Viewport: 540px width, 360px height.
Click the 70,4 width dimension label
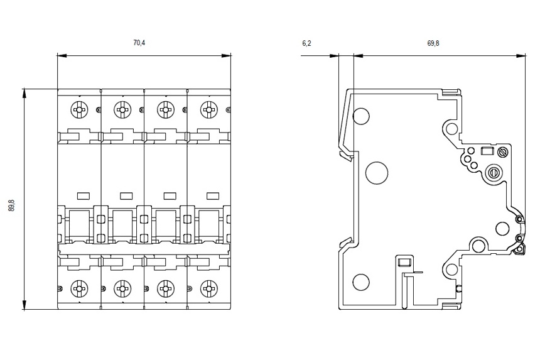coord(139,43)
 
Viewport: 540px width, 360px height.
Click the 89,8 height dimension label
coord(12,205)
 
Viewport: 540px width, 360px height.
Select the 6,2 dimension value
coord(306,43)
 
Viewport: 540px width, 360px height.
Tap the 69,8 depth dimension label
coord(433,43)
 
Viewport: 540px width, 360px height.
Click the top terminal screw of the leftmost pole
coord(79,110)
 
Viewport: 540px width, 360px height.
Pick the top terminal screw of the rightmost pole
coord(209,110)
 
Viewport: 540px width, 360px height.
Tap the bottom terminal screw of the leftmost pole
coord(79,288)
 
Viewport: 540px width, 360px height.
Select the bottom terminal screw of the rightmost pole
coord(209,288)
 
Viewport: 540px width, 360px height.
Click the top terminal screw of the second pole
coord(122,110)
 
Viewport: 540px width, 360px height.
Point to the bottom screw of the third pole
coord(166,288)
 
